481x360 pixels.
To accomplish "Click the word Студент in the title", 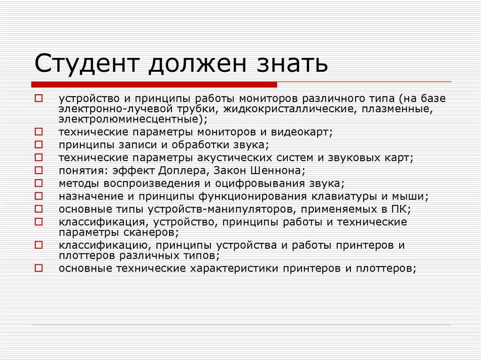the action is [87, 63].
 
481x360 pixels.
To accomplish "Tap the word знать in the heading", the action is [293, 64].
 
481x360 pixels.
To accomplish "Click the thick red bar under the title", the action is [154, 84].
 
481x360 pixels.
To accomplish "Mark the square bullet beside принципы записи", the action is [39, 144].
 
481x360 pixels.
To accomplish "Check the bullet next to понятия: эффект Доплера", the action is [39, 170].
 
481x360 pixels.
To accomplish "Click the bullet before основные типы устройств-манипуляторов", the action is [39, 208].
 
